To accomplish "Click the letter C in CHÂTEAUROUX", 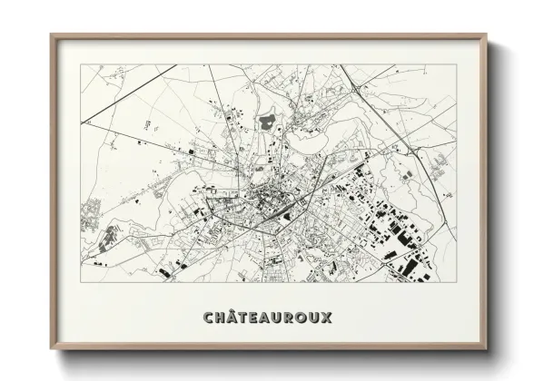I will pos(210,318).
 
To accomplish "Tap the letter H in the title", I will pos(222,318).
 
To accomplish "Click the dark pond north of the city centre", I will pos(268,120).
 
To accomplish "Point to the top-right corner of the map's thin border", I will pos(457,64).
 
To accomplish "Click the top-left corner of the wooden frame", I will pos(51,35).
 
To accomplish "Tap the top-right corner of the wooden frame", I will pos(487,35).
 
